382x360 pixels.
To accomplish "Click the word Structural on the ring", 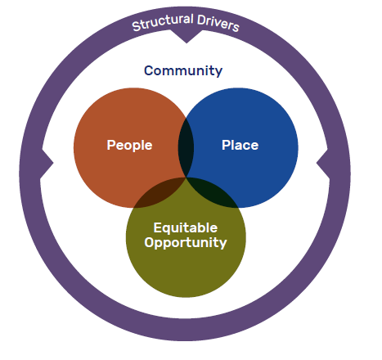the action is coord(163,22).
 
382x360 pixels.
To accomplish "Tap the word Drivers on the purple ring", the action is coord(218,23).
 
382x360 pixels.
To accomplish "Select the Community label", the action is coord(183,71).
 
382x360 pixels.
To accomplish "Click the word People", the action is coord(129,145).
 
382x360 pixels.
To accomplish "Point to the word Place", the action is coord(240,145).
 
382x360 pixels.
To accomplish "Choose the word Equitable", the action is coord(186,227).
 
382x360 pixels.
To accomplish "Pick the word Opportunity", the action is coord(186,242).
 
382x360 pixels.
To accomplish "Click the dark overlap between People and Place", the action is coord(187,148).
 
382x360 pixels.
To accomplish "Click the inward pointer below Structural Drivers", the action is coord(187,36).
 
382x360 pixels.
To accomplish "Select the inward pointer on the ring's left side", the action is coord(47,164).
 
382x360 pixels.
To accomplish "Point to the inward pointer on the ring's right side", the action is coord(323,164).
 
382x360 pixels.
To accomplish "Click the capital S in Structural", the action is coord(137,26).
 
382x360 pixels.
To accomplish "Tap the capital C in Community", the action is coord(149,71).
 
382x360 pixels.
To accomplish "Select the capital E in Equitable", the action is coord(158,227).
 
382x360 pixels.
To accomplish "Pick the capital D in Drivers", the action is coord(201,20).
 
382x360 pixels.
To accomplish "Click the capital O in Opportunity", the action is coord(150,242).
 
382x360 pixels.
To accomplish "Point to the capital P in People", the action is coord(111,145).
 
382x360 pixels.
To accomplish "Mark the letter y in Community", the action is coord(218,73).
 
